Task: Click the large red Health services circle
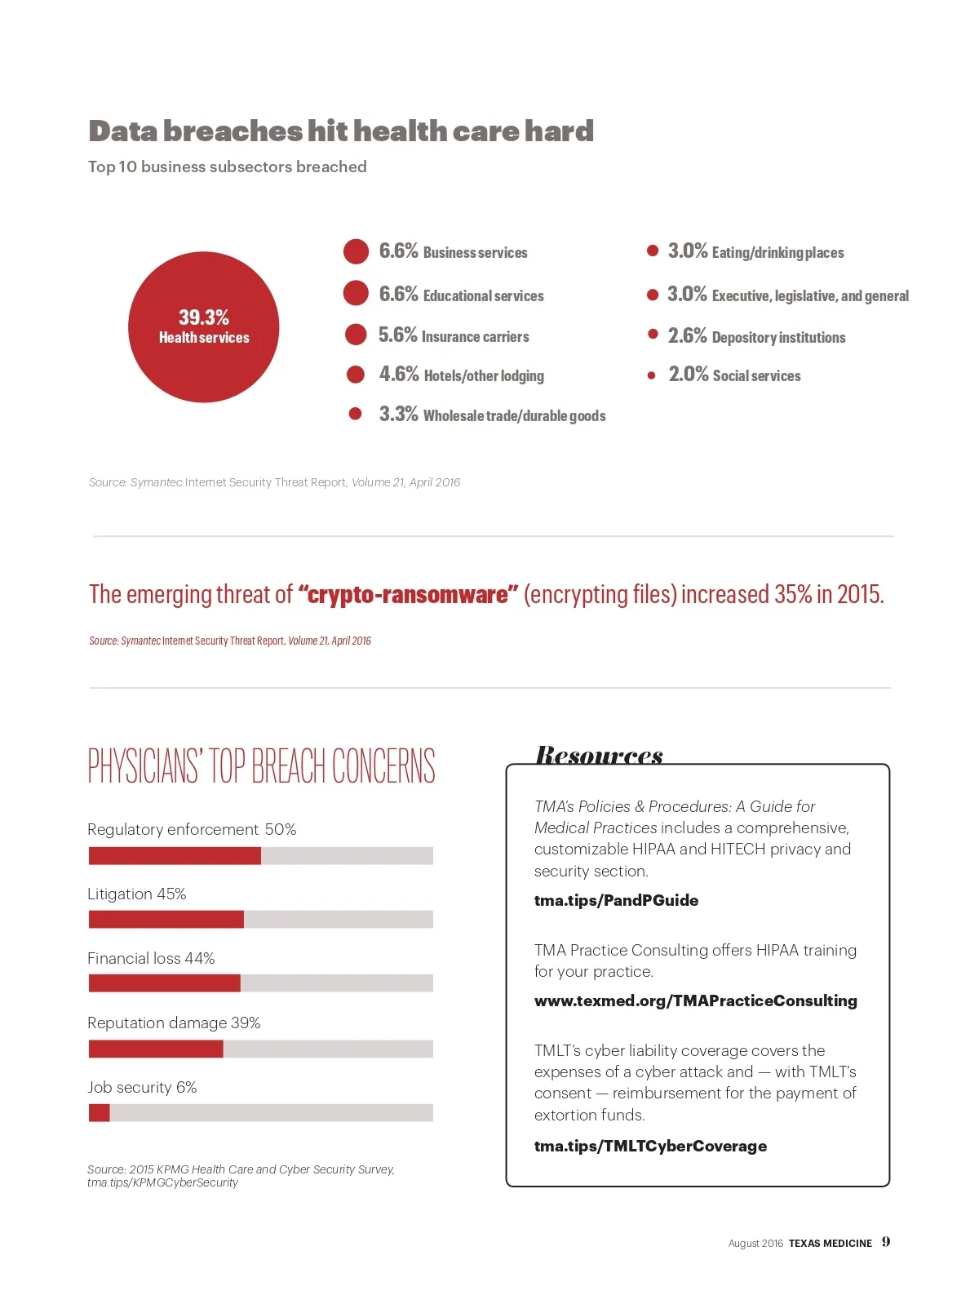click(203, 326)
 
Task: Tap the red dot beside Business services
click(356, 251)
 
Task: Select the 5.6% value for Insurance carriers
click(397, 335)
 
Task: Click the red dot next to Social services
click(651, 375)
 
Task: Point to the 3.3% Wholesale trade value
click(398, 415)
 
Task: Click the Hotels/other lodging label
click(484, 375)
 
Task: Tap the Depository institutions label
click(778, 337)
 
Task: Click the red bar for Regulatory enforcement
click(175, 855)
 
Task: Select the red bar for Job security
click(99, 1112)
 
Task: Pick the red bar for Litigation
click(166, 920)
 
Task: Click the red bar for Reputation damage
click(155, 1049)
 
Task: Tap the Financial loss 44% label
click(151, 958)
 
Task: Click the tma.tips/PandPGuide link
click(616, 900)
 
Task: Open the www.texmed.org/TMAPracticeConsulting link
click(695, 1000)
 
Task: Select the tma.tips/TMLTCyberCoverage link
click(650, 1146)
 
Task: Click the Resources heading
click(599, 755)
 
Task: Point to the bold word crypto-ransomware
click(408, 594)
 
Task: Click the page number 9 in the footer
click(886, 1242)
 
